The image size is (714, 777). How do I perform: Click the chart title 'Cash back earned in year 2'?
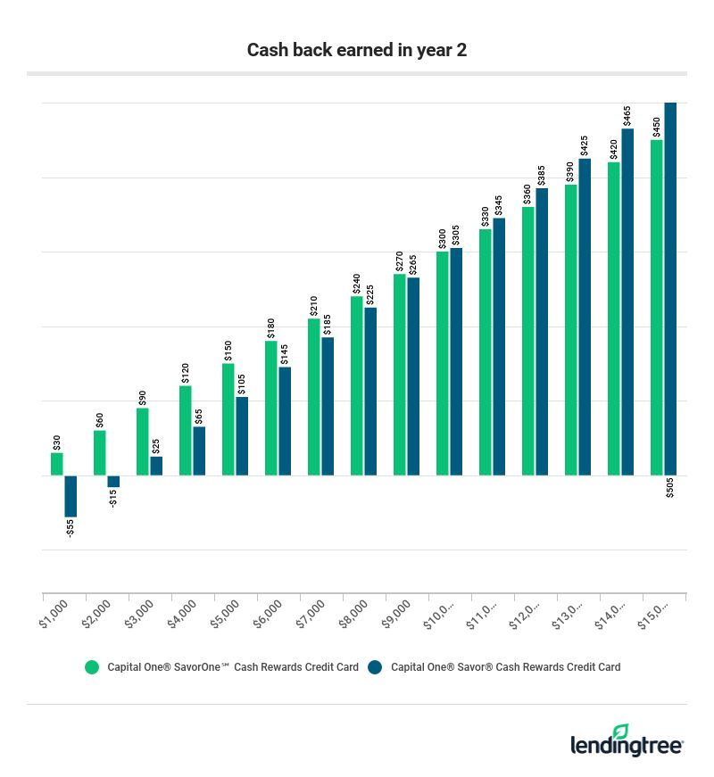point(357,50)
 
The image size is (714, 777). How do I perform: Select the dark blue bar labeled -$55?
point(71,496)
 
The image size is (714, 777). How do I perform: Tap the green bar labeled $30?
point(57,464)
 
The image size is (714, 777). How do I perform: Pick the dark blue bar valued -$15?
point(113,481)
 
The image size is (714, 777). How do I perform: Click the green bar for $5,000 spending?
point(228,419)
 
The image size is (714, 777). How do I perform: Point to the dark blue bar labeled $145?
point(285,421)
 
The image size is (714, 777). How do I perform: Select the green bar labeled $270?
point(400,375)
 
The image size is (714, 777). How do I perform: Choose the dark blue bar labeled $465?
point(627,302)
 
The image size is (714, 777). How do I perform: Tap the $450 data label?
point(657,126)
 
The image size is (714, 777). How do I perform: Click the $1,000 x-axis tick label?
point(54,615)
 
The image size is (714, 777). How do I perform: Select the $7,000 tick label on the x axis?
point(311,615)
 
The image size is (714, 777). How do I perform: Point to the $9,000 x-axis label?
point(397,615)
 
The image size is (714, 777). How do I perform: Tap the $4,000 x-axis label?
point(183,615)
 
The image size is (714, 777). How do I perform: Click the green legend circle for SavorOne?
point(91,666)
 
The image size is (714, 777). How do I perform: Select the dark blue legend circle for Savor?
point(375,666)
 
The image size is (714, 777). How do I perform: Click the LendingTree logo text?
point(625,745)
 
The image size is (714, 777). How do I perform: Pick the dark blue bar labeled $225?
point(370,392)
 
